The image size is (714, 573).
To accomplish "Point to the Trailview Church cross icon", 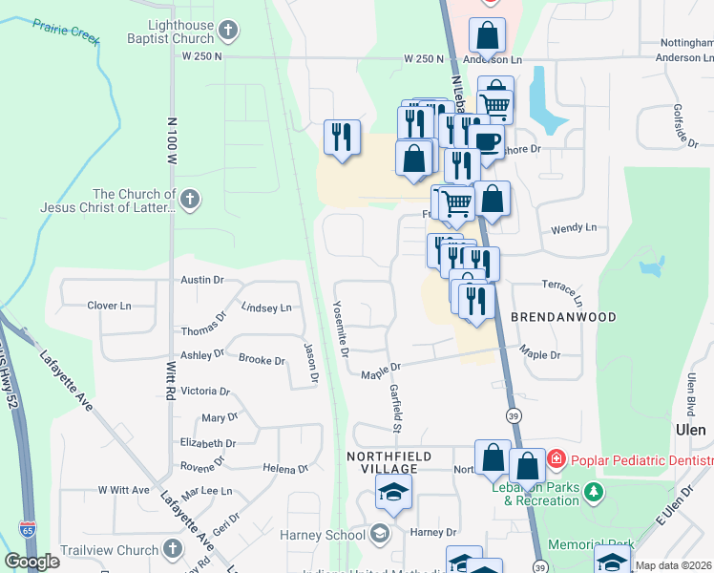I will (x=173, y=549).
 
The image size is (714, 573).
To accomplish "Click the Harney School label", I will (x=325, y=534).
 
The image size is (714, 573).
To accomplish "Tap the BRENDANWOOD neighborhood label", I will (x=562, y=316).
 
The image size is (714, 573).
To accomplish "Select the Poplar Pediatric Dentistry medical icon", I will (x=556, y=460).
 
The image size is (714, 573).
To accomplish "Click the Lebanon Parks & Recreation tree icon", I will (x=595, y=492).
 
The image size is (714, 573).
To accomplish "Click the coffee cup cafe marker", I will (x=487, y=140).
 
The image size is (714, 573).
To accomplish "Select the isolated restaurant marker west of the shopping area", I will (x=342, y=137).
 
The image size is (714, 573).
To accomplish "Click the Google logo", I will (x=31, y=562).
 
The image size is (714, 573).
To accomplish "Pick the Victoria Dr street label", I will (x=205, y=391).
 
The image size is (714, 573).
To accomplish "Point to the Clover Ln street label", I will (x=109, y=306).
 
